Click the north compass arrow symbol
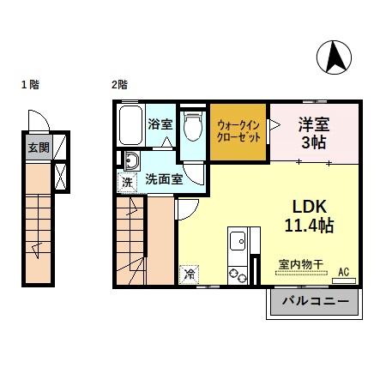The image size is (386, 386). tap(336, 57)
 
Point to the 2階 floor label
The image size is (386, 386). tap(119, 84)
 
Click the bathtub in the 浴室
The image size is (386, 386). tap(130, 126)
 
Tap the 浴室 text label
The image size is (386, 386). tap(160, 124)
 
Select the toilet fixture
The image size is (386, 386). tap(193, 127)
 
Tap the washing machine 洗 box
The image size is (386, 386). tap(126, 182)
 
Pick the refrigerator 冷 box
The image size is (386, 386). tap(188, 275)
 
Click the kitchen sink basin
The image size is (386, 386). tap(237, 241)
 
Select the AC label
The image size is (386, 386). tap(344, 272)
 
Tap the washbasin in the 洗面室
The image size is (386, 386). tap(132, 160)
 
